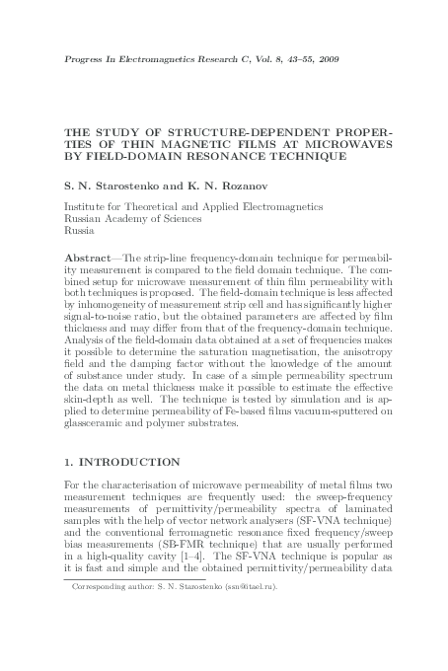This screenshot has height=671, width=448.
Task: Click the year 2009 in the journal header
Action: pos(330,61)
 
